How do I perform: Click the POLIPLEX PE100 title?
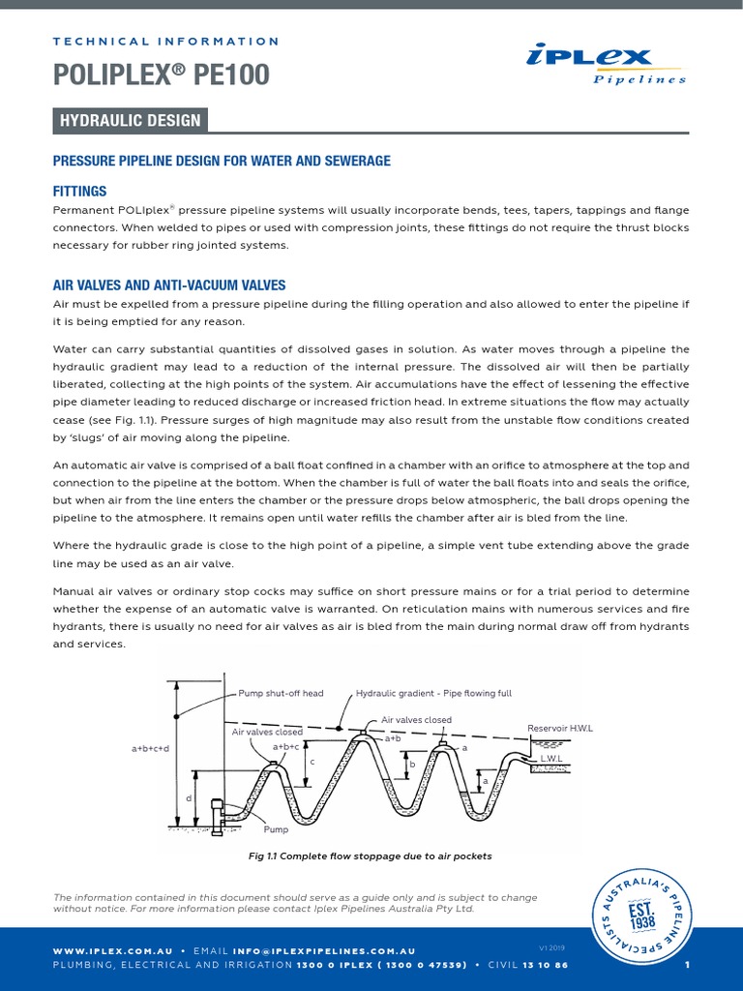161,75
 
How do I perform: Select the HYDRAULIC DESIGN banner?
130,121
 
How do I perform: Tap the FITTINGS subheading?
79,192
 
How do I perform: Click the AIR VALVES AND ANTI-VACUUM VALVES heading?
168,285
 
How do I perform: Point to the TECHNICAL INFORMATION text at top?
165,42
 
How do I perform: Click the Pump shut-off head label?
281,694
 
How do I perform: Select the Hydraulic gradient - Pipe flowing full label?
433,694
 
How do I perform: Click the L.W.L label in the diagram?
551,758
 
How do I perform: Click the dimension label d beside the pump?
190,797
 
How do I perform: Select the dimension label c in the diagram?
312,762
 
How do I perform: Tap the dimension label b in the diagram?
411,764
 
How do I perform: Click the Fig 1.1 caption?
371,856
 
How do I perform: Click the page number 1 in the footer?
686,965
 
